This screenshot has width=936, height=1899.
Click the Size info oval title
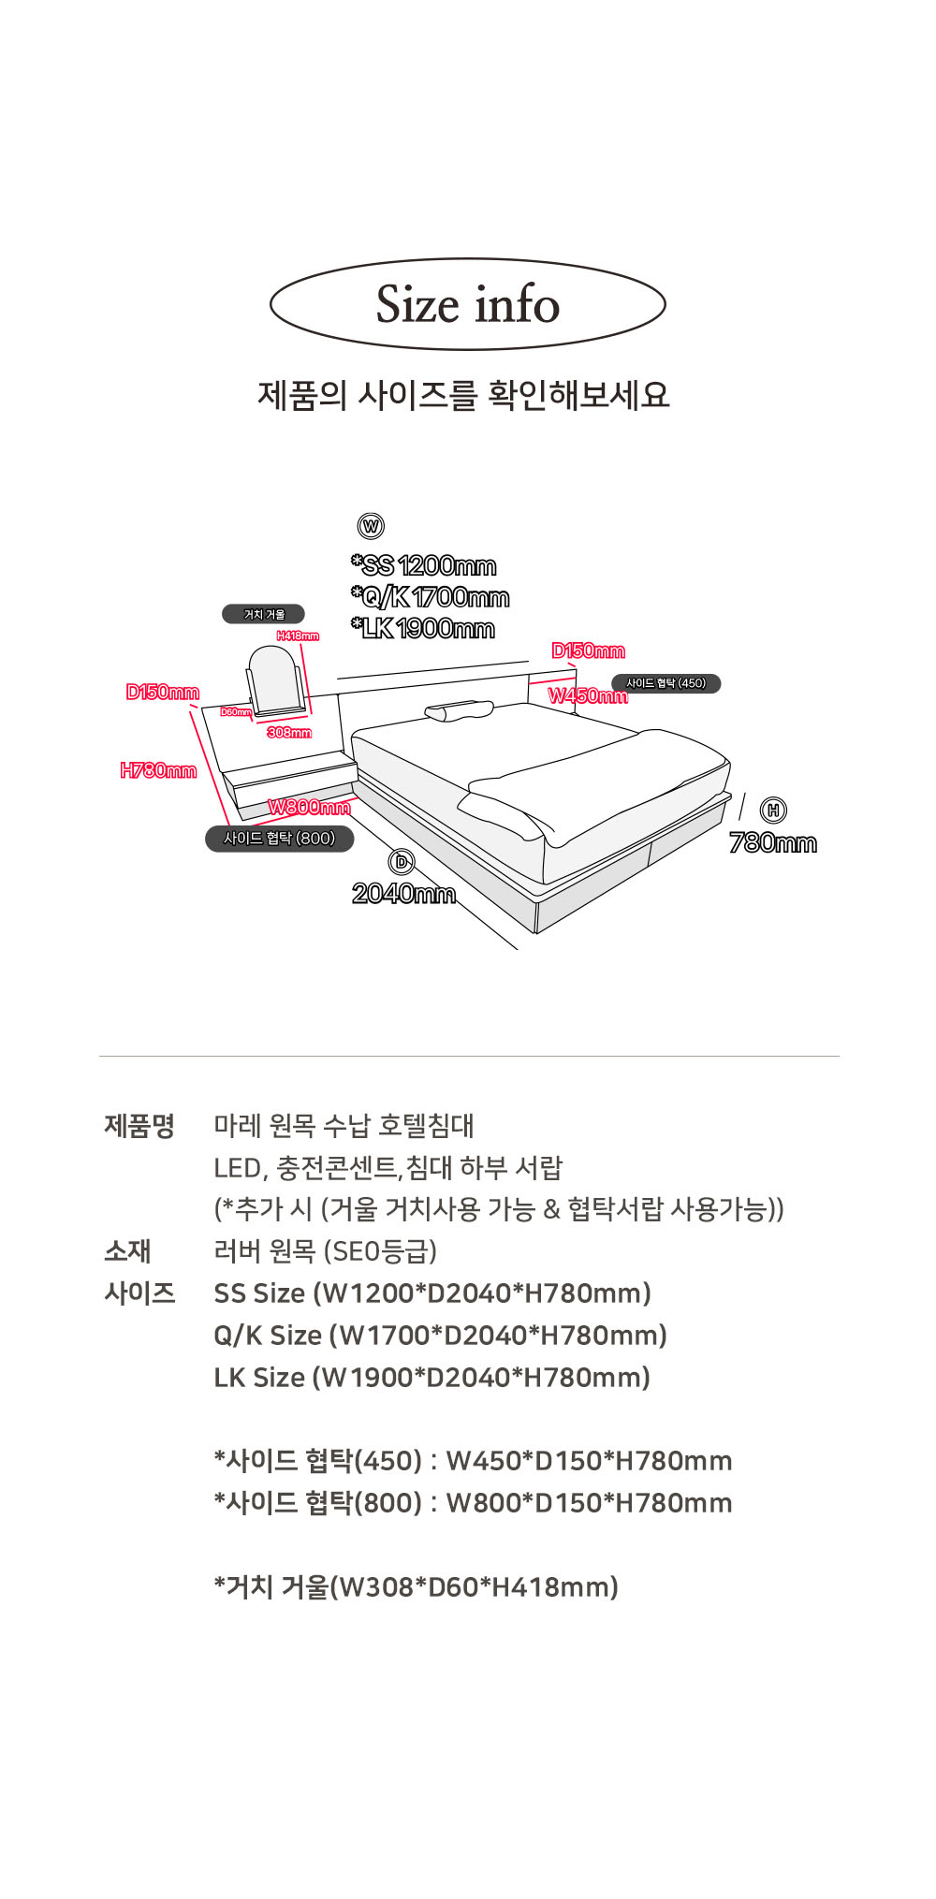pyautogui.click(x=467, y=304)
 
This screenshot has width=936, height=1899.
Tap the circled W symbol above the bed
pyautogui.click(x=372, y=526)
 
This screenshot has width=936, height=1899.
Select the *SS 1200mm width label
pyautogui.click(x=424, y=565)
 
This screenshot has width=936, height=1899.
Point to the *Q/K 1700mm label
pyautogui.click(x=431, y=597)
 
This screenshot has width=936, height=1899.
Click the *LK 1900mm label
pyautogui.click(x=423, y=628)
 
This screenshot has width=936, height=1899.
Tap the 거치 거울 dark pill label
pyautogui.click(x=263, y=614)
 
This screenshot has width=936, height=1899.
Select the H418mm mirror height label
pyautogui.click(x=298, y=636)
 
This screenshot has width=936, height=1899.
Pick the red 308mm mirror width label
pyautogui.click(x=289, y=732)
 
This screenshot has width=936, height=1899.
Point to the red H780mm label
pyautogui.click(x=158, y=770)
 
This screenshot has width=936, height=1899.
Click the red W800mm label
pyautogui.click(x=309, y=807)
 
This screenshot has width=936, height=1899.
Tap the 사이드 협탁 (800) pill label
pyautogui.click(x=279, y=839)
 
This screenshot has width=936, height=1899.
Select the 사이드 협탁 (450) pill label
pyautogui.click(x=665, y=683)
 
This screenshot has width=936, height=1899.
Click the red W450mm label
pyautogui.click(x=588, y=695)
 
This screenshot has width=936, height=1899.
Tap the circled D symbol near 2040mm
pyautogui.click(x=402, y=862)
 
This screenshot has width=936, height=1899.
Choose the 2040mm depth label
pyautogui.click(x=403, y=894)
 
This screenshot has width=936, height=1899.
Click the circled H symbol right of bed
pyautogui.click(x=773, y=811)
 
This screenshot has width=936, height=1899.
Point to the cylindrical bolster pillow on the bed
pyautogui.click(x=459, y=712)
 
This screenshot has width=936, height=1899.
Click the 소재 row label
pyautogui.click(x=128, y=1250)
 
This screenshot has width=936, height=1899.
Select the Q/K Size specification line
pyautogui.click(x=440, y=1335)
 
